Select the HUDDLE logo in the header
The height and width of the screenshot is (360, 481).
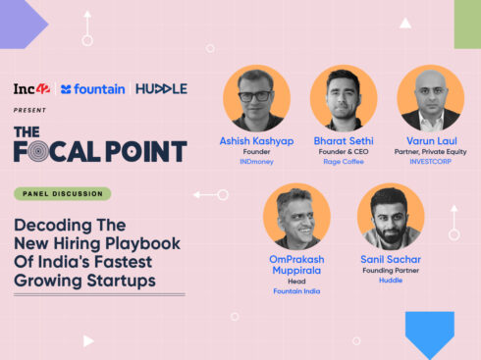[161, 89]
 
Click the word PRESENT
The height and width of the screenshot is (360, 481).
[30, 110]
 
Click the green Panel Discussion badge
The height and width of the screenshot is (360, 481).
[62, 194]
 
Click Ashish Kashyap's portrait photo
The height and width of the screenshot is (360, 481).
[256, 99]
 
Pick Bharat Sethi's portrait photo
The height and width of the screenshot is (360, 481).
[344, 99]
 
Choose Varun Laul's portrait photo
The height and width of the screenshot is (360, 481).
[430, 99]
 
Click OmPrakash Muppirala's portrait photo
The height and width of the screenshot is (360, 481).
[296, 216]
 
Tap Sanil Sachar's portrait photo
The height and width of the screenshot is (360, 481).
[390, 216]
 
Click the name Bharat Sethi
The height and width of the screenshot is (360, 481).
[344, 142]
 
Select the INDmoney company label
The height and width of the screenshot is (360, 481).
[256, 163]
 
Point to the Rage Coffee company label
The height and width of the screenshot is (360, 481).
[344, 163]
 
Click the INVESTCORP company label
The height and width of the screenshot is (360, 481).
[430, 163]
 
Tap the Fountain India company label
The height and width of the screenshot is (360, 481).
[296, 291]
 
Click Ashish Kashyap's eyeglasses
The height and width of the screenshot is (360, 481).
[255, 96]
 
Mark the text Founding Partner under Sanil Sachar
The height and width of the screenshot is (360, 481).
[390, 270]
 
